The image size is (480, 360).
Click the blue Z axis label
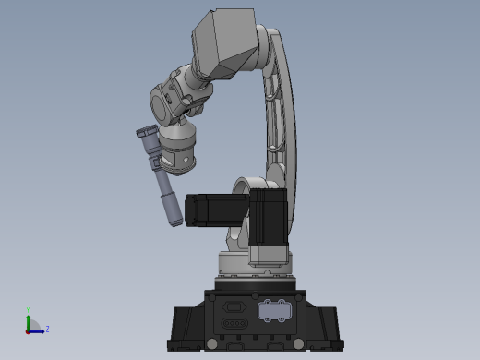click(x=47, y=329)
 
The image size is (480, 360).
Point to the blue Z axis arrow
click(x=38, y=330)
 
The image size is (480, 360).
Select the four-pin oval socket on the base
click(x=234, y=324)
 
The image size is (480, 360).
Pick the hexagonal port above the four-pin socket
click(x=234, y=306)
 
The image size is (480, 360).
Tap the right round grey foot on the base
click(x=298, y=344)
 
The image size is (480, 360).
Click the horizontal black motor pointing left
click(x=214, y=210)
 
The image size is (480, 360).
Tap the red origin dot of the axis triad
click(x=29, y=330)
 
